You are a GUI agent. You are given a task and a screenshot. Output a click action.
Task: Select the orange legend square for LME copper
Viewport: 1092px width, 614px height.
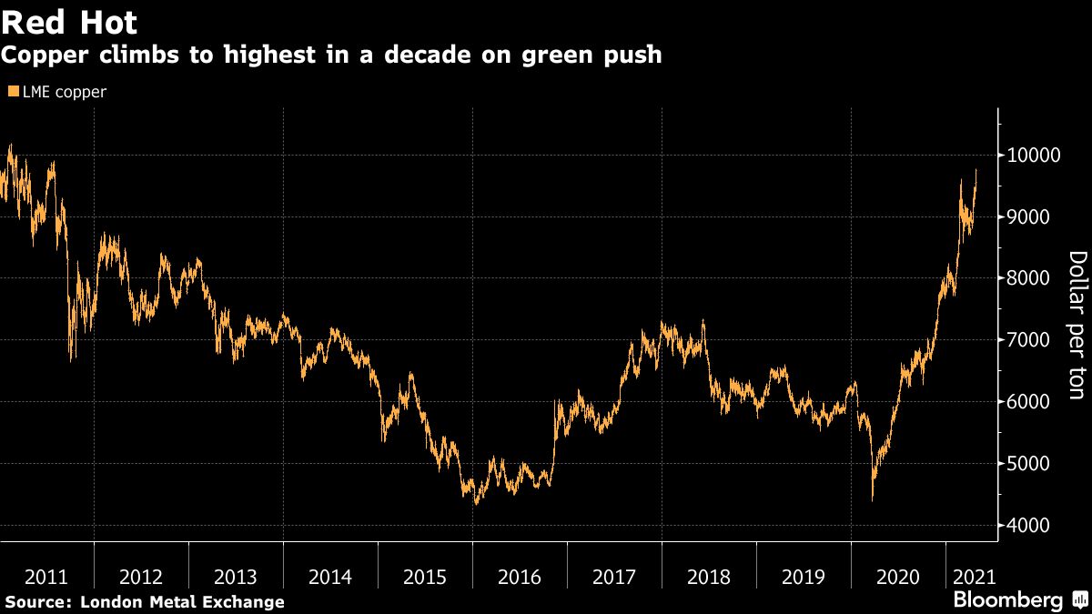click(x=12, y=92)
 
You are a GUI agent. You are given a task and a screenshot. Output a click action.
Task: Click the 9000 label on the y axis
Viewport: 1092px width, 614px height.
click(x=1026, y=217)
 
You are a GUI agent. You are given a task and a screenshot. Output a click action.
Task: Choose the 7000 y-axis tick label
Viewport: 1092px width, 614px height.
click(x=1026, y=340)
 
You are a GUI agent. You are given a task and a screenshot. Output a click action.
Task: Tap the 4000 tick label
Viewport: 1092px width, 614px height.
click(x=1026, y=526)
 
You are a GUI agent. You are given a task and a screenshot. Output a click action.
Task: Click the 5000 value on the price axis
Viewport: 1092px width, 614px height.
click(x=1026, y=464)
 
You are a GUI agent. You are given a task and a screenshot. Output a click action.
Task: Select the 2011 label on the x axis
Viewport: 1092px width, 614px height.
click(x=46, y=577)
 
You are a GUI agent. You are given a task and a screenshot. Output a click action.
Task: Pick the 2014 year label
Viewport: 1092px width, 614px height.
click(x=329, y=577)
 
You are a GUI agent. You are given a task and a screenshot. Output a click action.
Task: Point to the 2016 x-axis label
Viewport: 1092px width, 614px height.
click(x=519, y=577)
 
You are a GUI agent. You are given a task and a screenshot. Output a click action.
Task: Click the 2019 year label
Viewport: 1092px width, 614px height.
click(x=803, y=577)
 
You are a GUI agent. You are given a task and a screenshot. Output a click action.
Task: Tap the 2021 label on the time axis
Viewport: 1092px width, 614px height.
click(x=972, y=577)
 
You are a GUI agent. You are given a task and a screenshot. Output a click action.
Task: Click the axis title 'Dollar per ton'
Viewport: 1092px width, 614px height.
click(x=1077, y=325)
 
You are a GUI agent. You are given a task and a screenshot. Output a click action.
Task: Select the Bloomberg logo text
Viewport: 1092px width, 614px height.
click(x=1007, y=600)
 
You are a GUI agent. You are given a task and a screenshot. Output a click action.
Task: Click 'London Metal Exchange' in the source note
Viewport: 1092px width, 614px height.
click(x=182, y=602)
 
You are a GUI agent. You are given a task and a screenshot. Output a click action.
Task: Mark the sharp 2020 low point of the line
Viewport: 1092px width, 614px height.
click(x=873, y=499)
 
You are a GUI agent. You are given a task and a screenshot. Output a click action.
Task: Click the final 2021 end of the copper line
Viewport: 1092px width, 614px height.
click(x=976, y=170)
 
